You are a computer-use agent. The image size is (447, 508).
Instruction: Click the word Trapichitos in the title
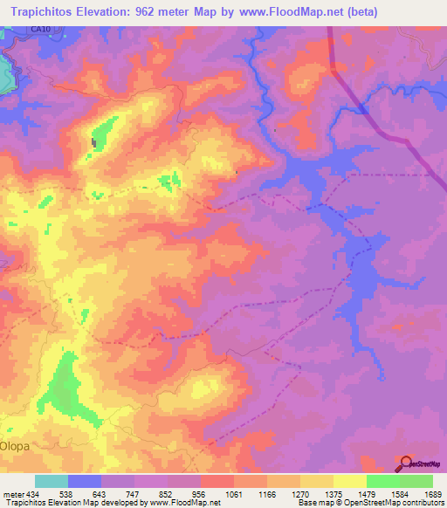44,10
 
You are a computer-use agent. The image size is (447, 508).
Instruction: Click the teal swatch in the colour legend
51,481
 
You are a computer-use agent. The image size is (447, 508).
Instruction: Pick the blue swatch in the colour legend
84,481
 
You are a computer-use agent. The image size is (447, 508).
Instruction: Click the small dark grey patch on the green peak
94,141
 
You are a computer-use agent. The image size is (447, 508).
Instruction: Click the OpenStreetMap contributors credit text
397,503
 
